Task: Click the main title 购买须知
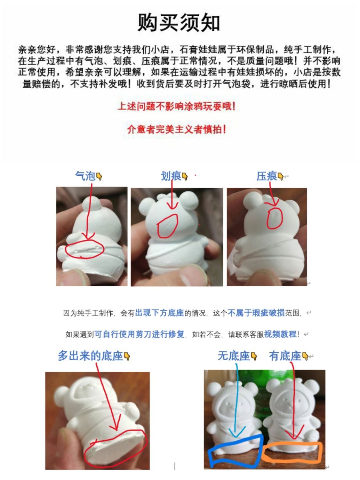178,22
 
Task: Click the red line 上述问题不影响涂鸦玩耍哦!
177,107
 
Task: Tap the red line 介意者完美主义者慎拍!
177,129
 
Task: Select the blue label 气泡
85,176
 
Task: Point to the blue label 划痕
171,176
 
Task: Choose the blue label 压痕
267,176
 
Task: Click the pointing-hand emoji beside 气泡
99,176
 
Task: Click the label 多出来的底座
90,356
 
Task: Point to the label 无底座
234,356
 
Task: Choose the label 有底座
285,356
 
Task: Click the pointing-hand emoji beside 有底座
305,356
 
